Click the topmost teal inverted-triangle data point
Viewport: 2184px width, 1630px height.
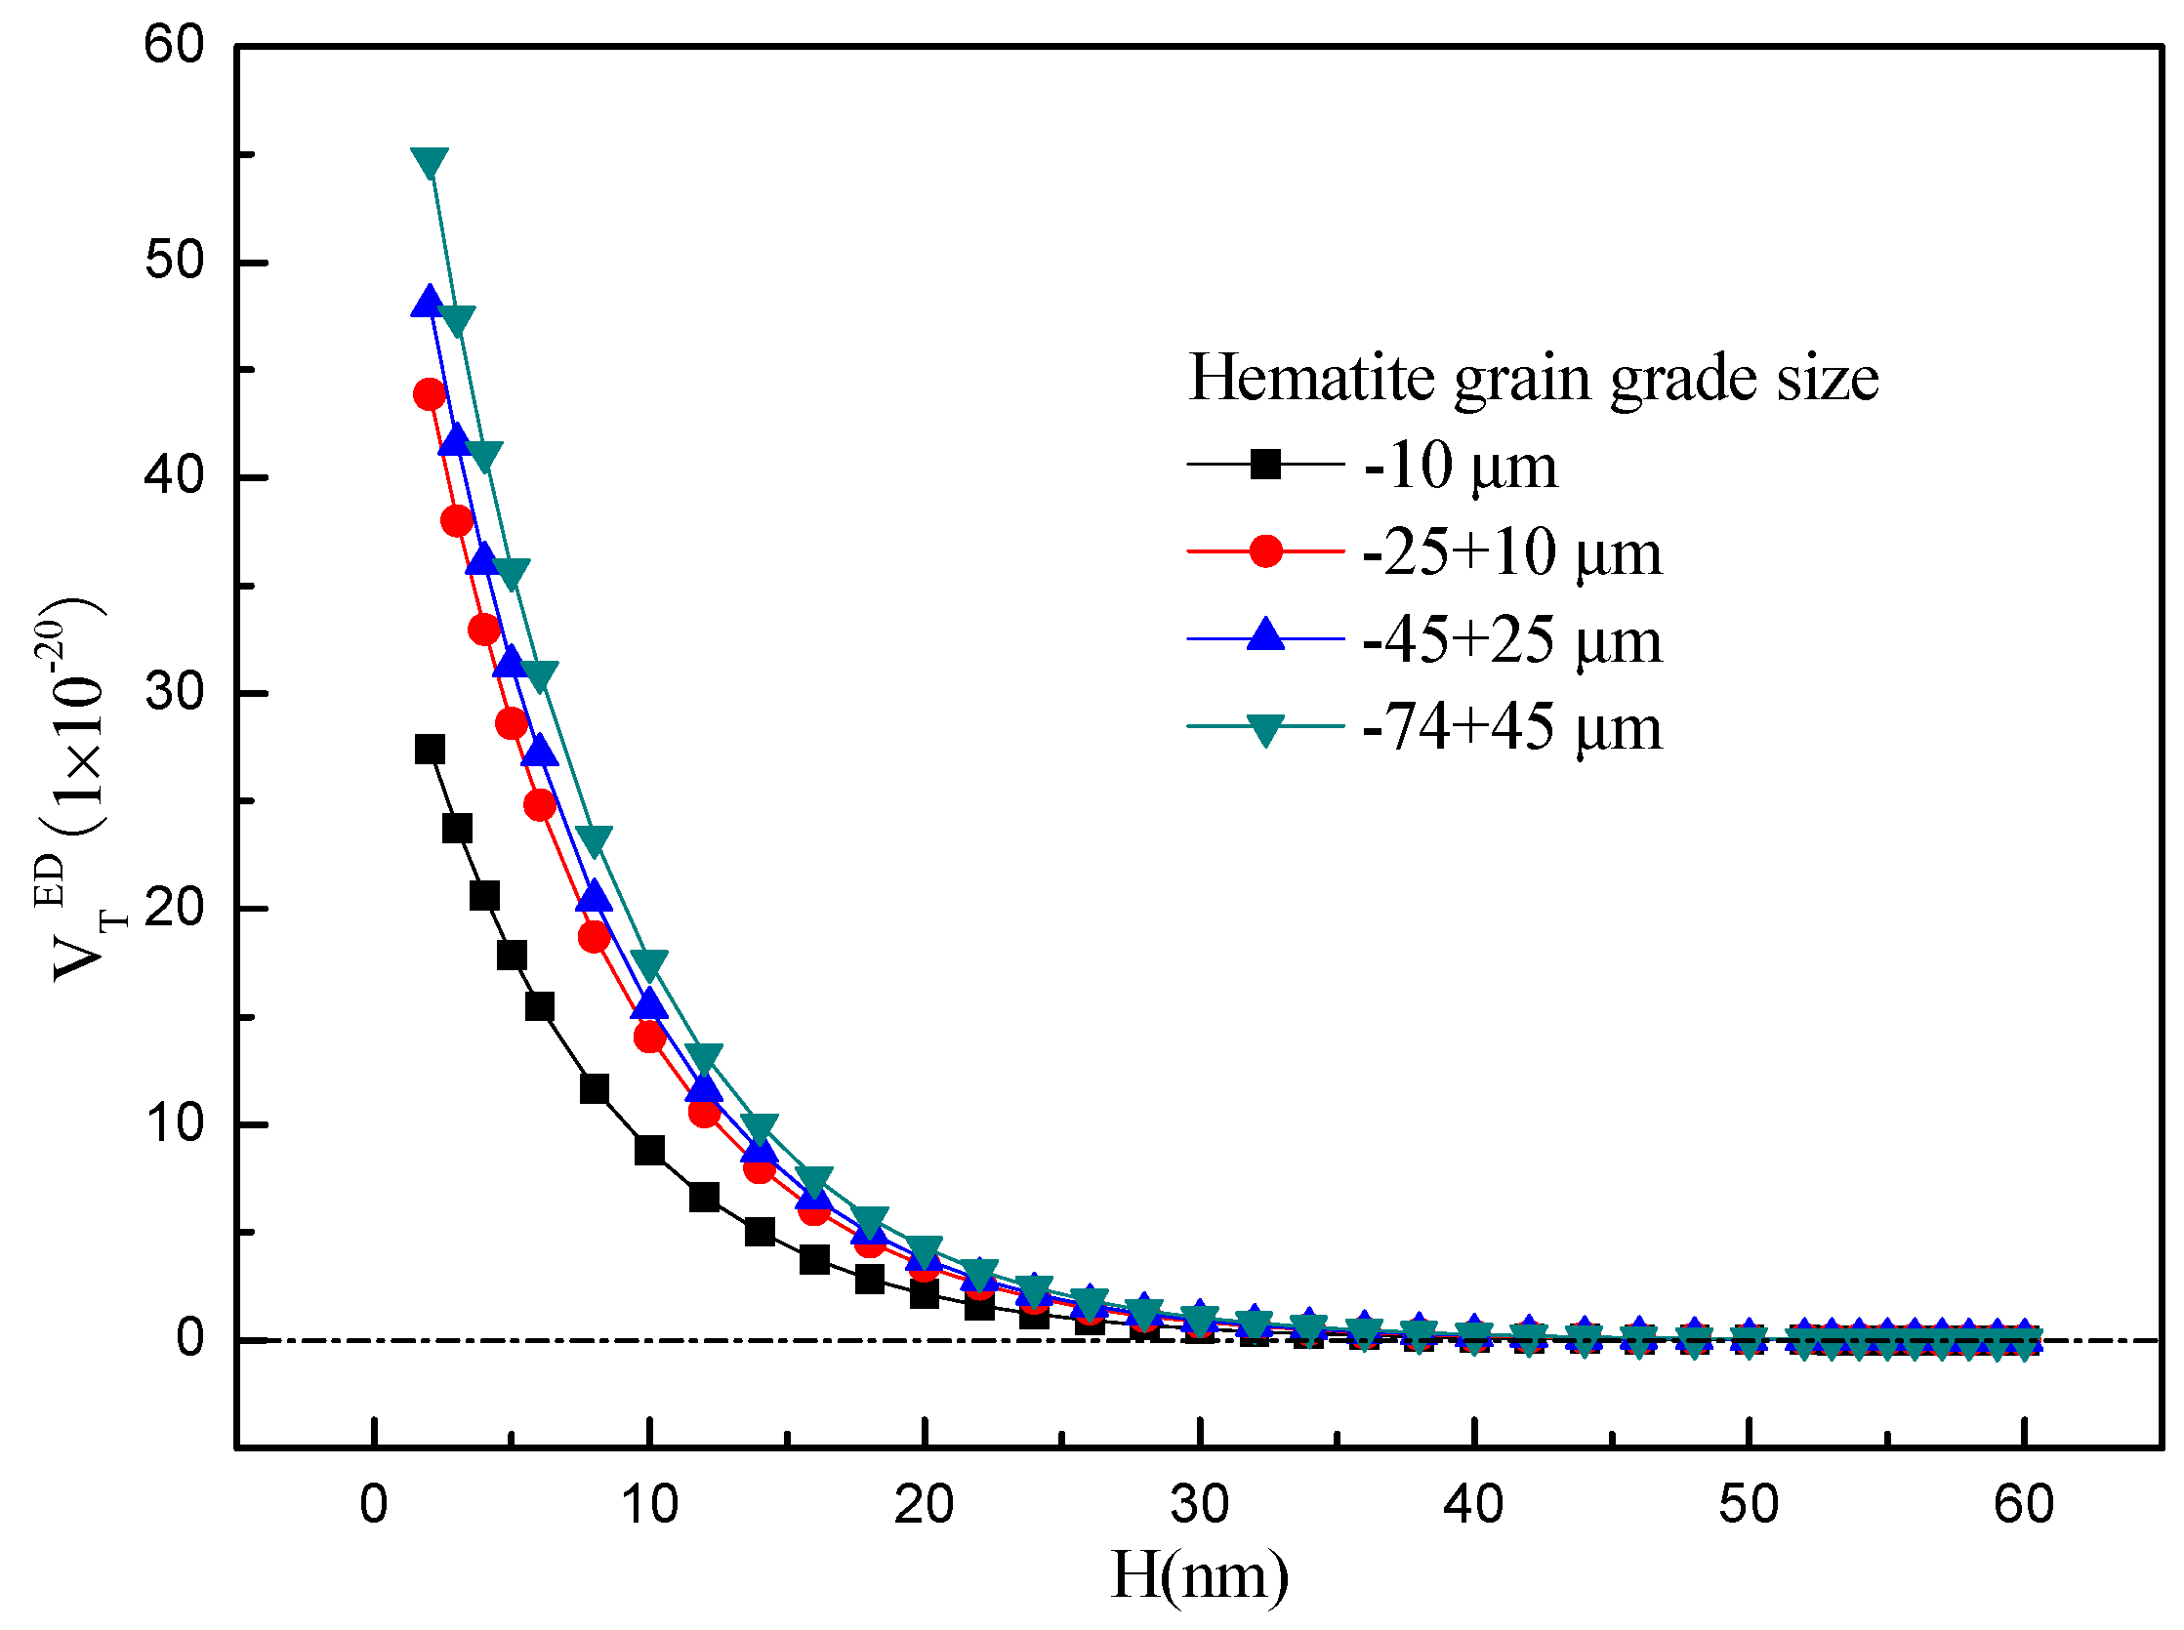[x=430, y=162]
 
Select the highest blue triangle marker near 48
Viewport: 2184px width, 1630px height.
[x=428, y=301]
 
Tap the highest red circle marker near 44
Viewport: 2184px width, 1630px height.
[x=430, y=394]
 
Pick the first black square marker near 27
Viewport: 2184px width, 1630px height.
[x=430, y=749]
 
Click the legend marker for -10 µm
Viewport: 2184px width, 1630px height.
[x=1264, y=463]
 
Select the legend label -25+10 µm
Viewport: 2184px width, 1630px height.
[x=1511, y=551]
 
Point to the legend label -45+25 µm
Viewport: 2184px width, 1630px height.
[x=1511, y=639]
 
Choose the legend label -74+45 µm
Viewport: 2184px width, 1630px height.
[x=1511, y=727]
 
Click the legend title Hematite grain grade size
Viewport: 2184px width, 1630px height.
[x=1532, y=377]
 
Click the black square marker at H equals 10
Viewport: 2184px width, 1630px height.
[x=649, y=1150]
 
